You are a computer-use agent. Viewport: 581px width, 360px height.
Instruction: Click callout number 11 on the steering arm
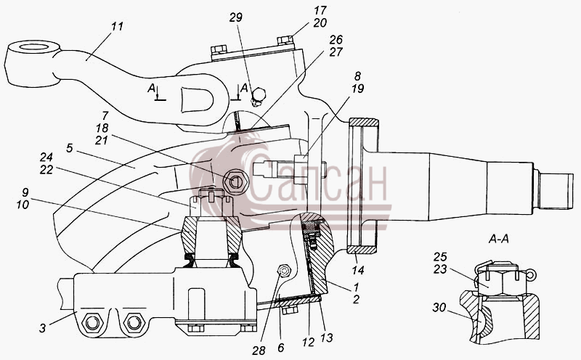coord(117,27)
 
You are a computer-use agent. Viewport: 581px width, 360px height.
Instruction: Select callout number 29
coord(235,17)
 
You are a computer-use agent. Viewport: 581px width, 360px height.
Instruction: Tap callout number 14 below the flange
coord(358,270)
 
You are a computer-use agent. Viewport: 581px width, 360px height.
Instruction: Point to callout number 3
coord(43,328)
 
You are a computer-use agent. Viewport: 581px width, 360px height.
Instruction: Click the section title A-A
coord(498,240)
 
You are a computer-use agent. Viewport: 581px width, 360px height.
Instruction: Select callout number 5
coord(70,148)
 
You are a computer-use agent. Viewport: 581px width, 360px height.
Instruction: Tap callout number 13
coord(327,337)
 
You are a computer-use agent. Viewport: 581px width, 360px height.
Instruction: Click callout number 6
coord(280,348)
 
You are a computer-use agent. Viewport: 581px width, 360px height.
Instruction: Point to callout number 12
coord(308,342)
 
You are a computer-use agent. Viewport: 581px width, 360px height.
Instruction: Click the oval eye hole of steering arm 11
coord(33,47)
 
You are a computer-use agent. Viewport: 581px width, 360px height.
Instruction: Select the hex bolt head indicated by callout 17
coord(285,40)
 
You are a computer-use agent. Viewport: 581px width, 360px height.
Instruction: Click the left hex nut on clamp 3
coord(92,323)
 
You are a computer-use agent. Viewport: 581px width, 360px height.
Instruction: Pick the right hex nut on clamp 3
coord(134,323)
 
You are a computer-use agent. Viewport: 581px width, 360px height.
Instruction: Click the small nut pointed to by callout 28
coord(285,271)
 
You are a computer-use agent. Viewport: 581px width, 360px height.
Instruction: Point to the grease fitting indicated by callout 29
coord(257,97)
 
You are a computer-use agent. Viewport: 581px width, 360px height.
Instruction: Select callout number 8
coord(357,76)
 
